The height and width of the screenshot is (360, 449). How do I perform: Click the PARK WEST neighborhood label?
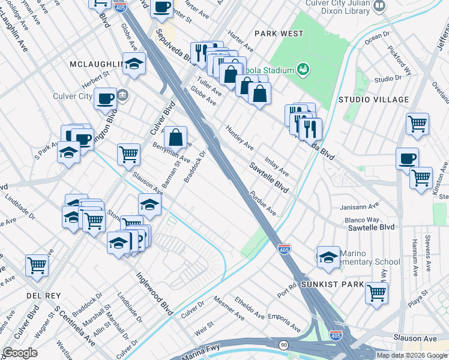[x=279, y=34]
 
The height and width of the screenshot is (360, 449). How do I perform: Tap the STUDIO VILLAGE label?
[x=373, y=100]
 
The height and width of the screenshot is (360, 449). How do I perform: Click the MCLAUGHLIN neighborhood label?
[x=96, y=64]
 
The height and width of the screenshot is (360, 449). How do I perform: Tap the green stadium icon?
[x=303, y=69]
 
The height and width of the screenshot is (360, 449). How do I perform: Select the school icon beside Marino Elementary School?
[x=328, y=257]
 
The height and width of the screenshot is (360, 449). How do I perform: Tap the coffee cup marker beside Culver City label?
[x=106, y=98]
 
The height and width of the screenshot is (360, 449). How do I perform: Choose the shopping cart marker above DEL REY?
[x=37, y=264]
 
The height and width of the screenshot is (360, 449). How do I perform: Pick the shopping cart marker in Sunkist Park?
[x=376, y=293]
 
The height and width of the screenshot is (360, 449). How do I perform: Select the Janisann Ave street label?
[x=357, y=206]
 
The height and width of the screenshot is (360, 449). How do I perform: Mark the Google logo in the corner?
[x=20, y=353]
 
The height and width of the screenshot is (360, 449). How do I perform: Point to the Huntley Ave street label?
[x=240, y=136]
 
